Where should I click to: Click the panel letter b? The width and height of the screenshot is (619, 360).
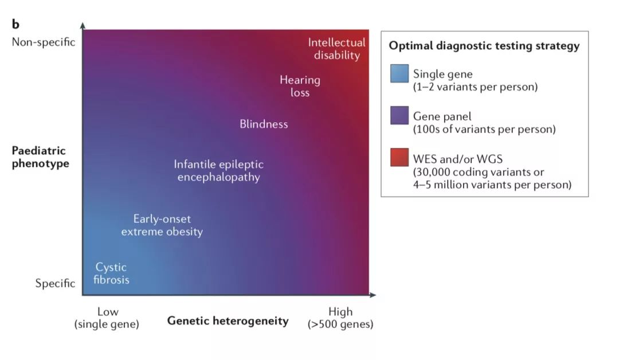click(15, 24)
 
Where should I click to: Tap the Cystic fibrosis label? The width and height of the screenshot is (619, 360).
click(111, 273)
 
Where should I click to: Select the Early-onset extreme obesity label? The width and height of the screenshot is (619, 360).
click(162, 225)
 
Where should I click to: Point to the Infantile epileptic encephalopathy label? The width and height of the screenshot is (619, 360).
click(219, 170)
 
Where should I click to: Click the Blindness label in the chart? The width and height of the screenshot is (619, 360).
click(264, 124)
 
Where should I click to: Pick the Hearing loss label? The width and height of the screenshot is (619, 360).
click(300, 86)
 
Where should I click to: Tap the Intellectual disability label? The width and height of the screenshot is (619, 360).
click(337, 49)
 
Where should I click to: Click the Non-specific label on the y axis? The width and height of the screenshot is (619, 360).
click(44, 42)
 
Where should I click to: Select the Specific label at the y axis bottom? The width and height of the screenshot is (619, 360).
click(55, 283)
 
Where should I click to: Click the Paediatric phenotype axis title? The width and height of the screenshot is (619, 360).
click(40, 156)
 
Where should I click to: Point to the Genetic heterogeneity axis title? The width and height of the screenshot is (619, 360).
click(228, 320)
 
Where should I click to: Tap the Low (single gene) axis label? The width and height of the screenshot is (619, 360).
click(107, 318)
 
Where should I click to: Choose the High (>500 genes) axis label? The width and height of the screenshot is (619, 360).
click(340, 318)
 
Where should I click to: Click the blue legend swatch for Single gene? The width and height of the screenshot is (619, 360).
click(399, 73)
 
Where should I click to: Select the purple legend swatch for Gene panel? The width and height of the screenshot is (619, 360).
click(399, 115)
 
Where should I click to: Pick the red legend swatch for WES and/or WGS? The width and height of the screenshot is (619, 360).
click(399, 157)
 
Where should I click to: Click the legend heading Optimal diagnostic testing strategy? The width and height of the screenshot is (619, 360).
click(484, 46)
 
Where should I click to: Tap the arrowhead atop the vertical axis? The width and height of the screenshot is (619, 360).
click(83, 26)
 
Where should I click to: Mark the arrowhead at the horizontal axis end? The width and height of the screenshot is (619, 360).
click(373, 295)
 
